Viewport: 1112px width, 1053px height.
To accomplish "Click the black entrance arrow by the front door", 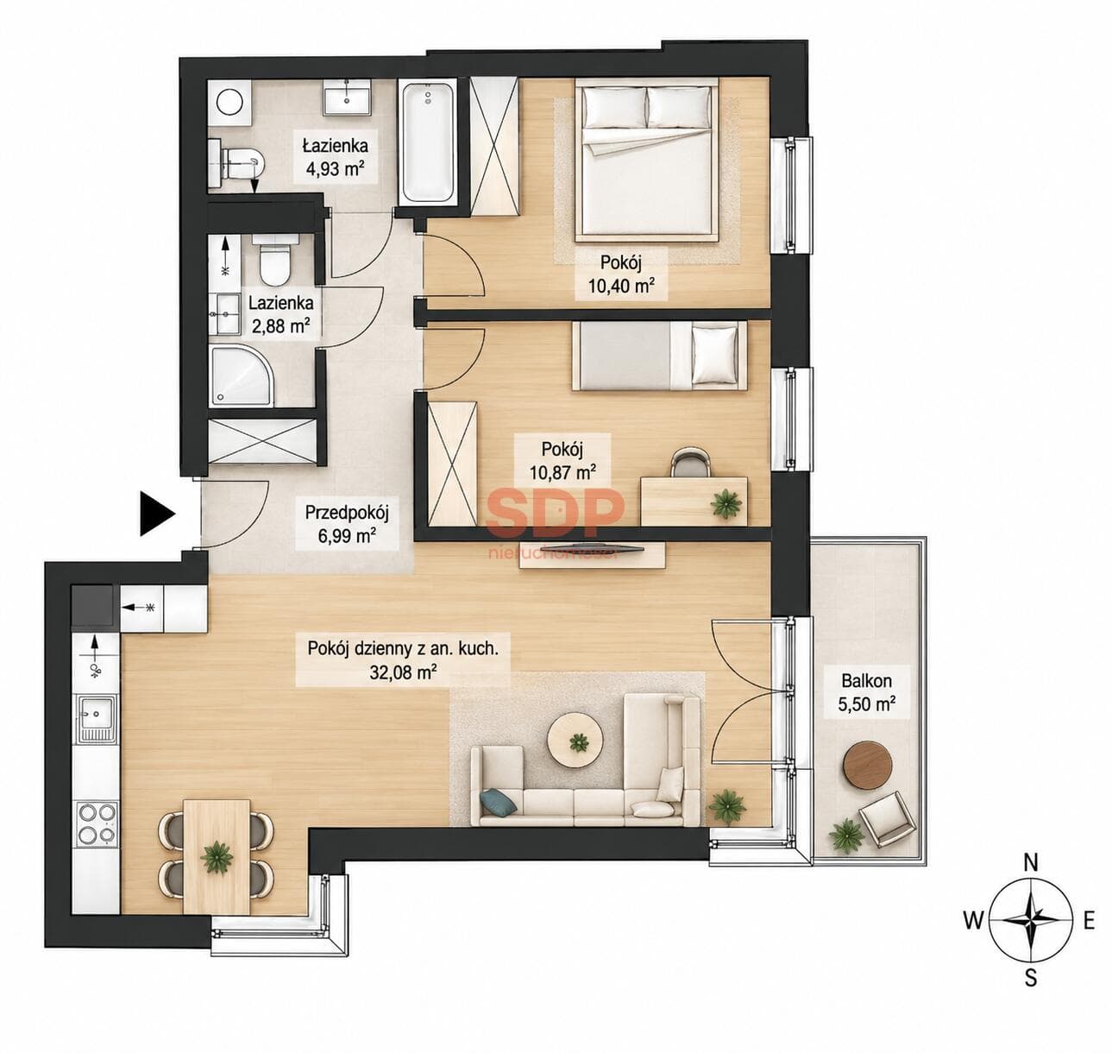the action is click(x=156, y=513).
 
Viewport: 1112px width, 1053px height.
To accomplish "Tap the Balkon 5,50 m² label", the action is click(x=866, y=691).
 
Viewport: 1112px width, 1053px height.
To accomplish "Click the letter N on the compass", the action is click(x=1031, y=863).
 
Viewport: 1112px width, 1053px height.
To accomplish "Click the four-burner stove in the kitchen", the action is click(x=97, y=824).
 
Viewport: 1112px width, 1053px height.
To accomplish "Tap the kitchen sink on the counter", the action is click(x=97, y=718).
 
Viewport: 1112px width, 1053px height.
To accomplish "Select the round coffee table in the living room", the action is click(x=574, y=741).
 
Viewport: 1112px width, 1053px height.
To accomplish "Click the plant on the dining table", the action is click(x=217, y=857).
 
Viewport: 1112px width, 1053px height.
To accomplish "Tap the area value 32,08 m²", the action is click(x=403, y=672).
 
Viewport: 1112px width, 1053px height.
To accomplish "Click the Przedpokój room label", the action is click(x=347, y=513).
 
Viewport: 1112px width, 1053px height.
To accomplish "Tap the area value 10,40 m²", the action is click(x=621, y=286).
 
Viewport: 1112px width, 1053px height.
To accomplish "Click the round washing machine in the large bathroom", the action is click(x=230, y=103).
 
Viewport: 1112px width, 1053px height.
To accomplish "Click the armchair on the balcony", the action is click(x=886, y=818).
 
